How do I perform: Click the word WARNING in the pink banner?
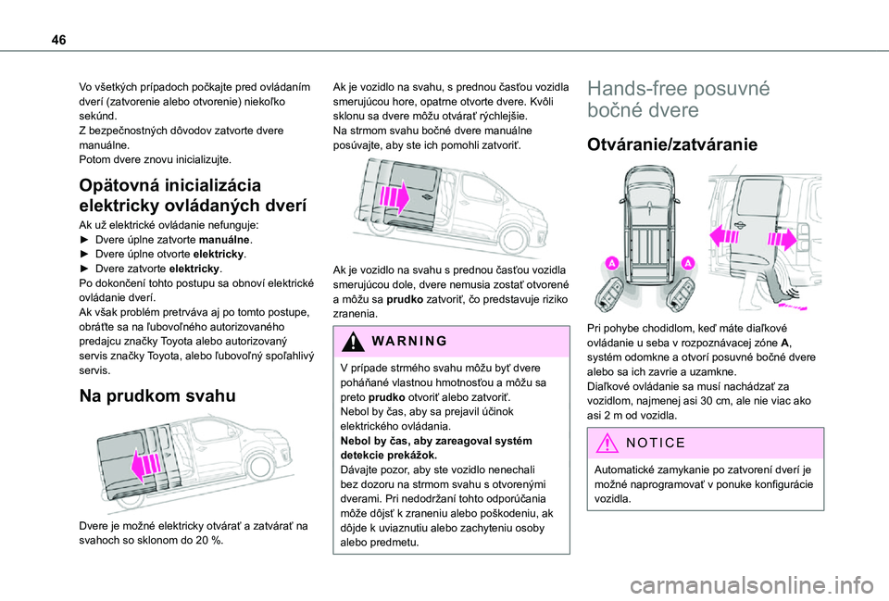click(399, 340)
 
